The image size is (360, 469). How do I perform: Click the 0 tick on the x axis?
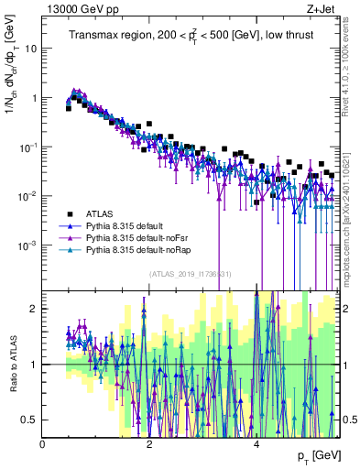43,444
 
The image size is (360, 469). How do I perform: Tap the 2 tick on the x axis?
150,444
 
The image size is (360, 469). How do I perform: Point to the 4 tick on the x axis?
257,444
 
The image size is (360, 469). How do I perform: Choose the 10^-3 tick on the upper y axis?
27,245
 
